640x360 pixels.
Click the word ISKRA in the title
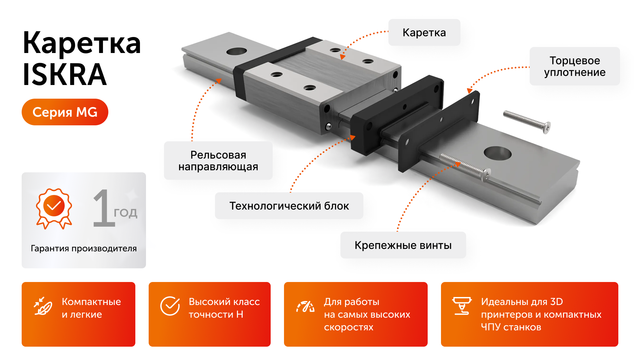[65, 75]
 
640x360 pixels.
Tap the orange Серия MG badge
[65, 112]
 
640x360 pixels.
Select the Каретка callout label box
[424, 33]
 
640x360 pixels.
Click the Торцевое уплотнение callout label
[574, 66]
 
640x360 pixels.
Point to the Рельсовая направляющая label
[218, 161]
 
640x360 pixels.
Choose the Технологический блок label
[289, 206]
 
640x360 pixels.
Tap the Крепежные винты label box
[403, 245]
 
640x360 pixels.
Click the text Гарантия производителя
[84, 248]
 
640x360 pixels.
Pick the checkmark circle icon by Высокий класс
[170, 306]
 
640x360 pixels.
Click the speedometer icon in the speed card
[306, 306]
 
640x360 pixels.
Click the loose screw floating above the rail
[527, 122]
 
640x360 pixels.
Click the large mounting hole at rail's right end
[497, 153]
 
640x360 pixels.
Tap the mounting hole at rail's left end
[236, 51]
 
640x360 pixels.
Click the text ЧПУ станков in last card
[511, 327]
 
